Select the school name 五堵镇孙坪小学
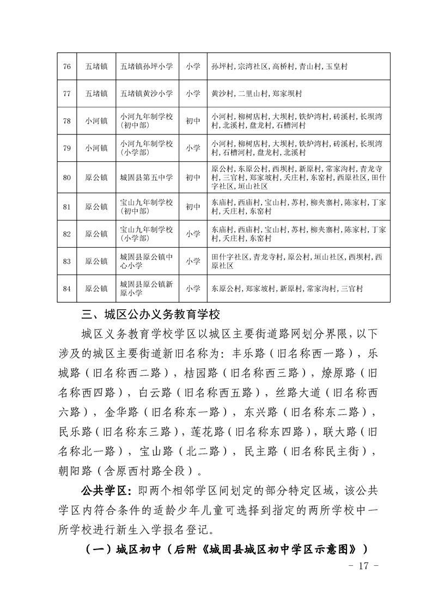147,66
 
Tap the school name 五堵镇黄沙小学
147,94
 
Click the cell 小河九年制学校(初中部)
147,121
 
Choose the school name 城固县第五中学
147,178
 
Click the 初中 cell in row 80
192,178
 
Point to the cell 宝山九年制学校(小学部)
147,234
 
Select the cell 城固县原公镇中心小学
147,261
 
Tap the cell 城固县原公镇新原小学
147,289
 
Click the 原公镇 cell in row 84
96,289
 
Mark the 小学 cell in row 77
192,94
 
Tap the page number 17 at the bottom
361,566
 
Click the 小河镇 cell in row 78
96,121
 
